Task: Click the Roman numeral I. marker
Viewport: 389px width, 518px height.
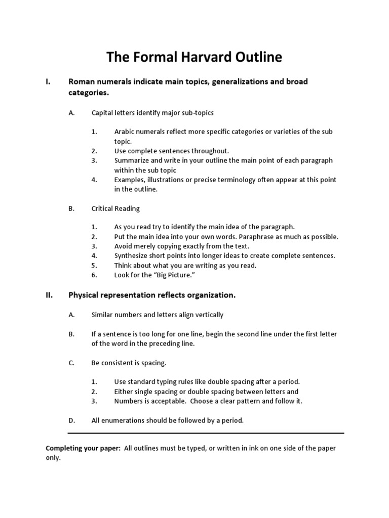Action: coord(49,81)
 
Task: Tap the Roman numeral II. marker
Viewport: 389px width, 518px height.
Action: coord(50,295)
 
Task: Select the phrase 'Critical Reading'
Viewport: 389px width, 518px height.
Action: coord(115,208)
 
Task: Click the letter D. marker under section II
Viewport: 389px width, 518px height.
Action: coord(71,420)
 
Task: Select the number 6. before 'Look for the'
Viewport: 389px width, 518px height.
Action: coord(94,275)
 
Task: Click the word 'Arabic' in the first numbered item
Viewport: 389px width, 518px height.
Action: coord(125,132)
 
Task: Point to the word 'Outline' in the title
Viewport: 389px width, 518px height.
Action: coord(257,58)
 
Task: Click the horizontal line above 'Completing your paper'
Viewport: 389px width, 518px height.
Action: coord(206,433)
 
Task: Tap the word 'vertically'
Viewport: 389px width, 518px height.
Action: coord(208,315)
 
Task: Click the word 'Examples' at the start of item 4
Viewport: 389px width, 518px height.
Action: coord(130,180)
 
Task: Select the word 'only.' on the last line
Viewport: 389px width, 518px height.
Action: coord(53,458)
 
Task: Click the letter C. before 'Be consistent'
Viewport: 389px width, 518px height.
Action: coord(71,363)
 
